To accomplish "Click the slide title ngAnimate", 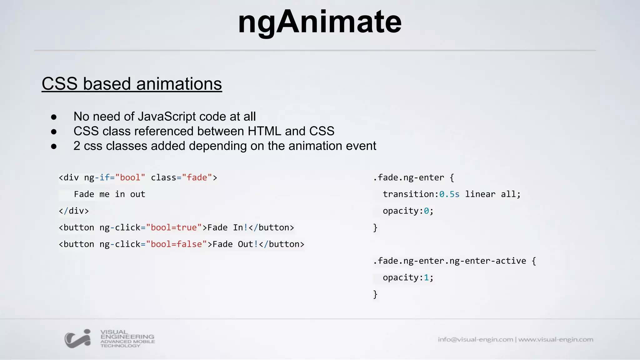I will coord(319,22).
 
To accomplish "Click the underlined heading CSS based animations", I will coord(132,84).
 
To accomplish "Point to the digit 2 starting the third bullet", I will coord(77,146).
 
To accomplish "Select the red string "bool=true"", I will coord(174,227).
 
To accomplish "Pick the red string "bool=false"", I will coord(176,244).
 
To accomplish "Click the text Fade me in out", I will coord(109,194).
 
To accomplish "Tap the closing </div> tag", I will coord(74,211).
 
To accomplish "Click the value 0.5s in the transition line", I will coord(449,194).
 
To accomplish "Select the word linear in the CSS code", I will coord(480,194).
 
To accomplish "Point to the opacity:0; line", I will coord(408,211).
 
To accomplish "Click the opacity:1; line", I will coord(408,277).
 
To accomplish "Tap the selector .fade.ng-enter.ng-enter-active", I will coord(449,261).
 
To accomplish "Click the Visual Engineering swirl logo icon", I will coord(78,338).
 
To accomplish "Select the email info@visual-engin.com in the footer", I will coord(475,339).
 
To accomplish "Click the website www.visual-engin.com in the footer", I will coord(556,339).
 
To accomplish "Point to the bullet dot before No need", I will coord(54,117).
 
